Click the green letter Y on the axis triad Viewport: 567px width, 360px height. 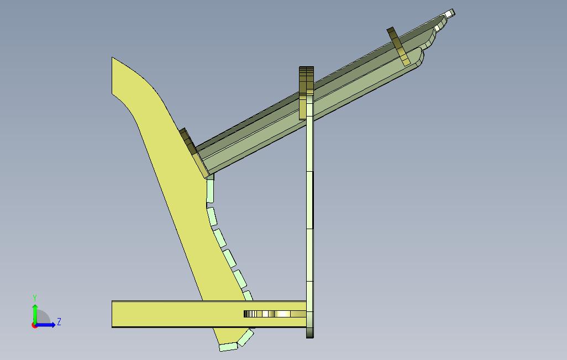pos(35,298)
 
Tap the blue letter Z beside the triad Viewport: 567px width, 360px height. pos(59,321)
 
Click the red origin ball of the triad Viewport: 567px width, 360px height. pos(34,325)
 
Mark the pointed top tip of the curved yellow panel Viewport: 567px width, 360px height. pos(112,57)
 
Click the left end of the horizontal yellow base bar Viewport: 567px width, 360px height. pos(112,314)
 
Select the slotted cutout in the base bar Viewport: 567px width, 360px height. pos(275,314)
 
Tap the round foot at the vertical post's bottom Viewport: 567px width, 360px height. pos(310,332)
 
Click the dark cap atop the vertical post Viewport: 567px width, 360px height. pos(306,80)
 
